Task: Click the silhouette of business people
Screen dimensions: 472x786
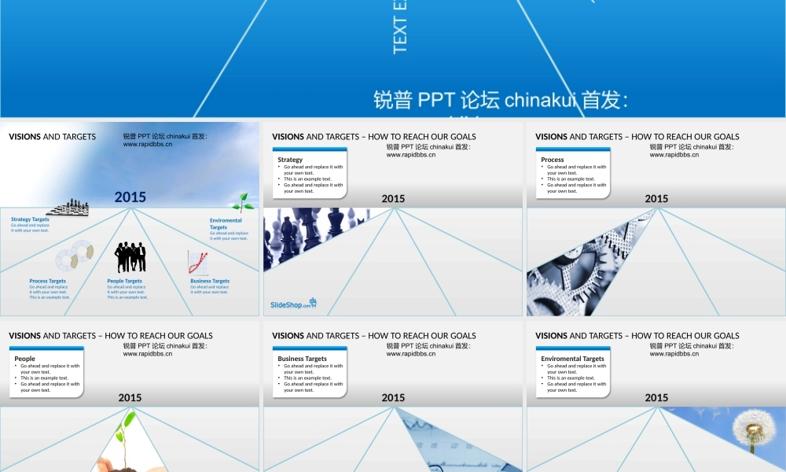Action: pyautogui.click(x=130, y=257)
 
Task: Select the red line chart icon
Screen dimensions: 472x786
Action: pyautogui.click(x=198, y=262)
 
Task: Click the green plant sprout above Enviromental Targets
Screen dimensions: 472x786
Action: pyautogui.click(x=243, y=202)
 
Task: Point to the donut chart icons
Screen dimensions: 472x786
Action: pyautogui.click(x=75, y=256)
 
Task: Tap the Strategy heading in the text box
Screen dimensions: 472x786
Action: pyautogui.click(x=290, y=160)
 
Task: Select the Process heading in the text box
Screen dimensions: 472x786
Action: pyautogui.click(x=553, y=160)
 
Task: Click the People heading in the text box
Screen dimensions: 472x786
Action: pyautogui.click(x=25, y=359)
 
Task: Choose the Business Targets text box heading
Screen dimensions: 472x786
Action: pyautogui.click(x=303, y=359)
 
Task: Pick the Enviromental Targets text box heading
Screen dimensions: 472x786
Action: pyautogui.click(x=573, y=359)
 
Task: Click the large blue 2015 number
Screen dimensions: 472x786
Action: pyautogui.click(x=130, y=197)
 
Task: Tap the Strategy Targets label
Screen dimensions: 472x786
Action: pyautogui.click(x=30, y=219)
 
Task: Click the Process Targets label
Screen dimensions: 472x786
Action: pyautogui.click(x=48, y=281)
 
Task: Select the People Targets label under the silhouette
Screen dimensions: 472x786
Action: pyautogui.click(x=125, y=281)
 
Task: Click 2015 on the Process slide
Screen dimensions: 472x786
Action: pyautogui.click(x=656, y=198)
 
